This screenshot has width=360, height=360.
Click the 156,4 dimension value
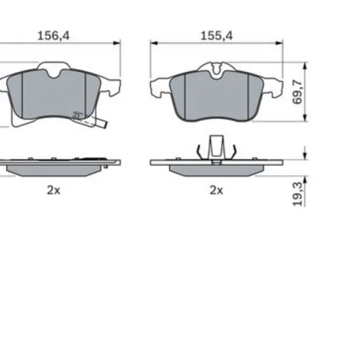[53, 36]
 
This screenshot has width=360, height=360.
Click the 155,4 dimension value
[217, 36]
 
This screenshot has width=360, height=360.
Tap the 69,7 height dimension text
[297, 92]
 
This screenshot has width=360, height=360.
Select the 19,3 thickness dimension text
[297, 194]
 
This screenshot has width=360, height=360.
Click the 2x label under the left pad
[53, 191]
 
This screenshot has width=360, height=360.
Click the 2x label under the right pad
[217, 191]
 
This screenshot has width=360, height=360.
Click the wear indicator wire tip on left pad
[104, 125]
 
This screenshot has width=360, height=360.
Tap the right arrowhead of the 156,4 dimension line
[117, 43]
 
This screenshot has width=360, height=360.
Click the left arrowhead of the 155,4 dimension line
[154, 43]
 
